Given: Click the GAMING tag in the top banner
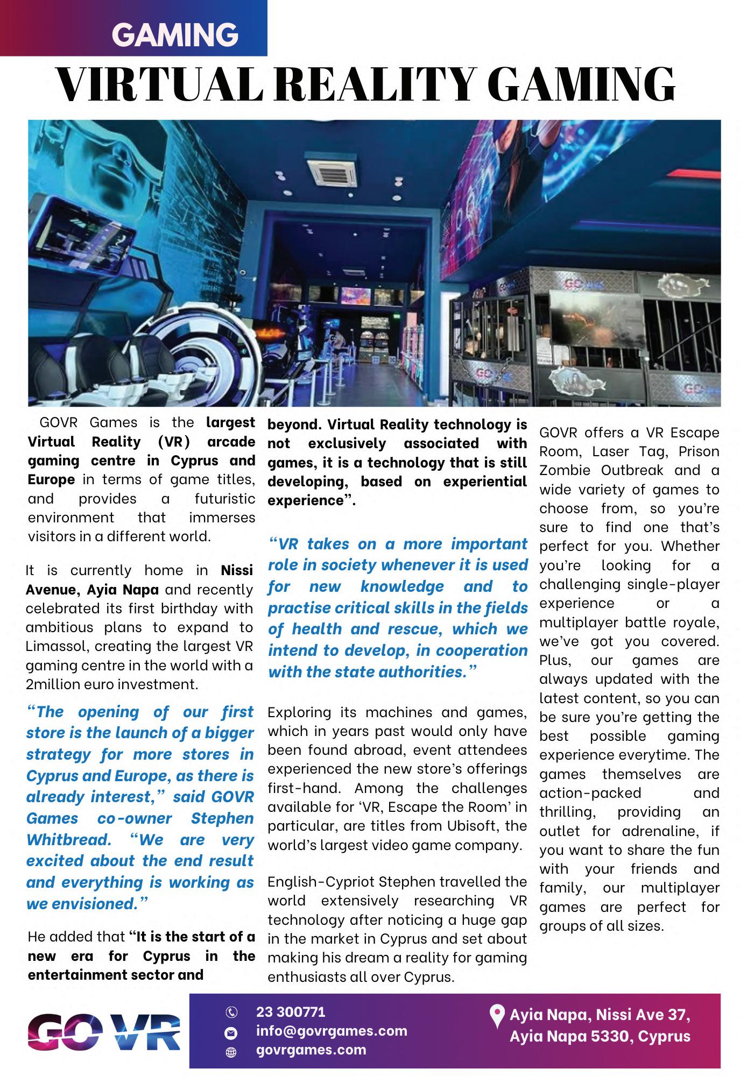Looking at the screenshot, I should (x=175, y=35).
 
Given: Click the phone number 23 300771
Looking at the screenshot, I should (x=291, y=1012).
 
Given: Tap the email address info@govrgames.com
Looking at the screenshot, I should (x=332, y=1031).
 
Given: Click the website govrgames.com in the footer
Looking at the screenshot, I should (x=311, y=1049).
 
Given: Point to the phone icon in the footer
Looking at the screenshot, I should (x=231, y=1013).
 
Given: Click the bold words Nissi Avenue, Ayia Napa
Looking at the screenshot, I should (x=139, y=580).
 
